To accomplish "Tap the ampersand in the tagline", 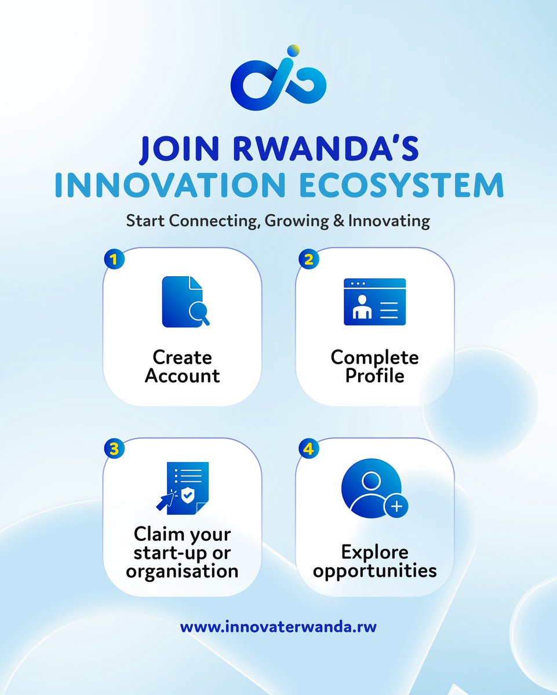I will (x=338, y=221).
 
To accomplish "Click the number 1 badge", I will (x=114, y=259).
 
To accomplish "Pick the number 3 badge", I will (x=114, y=448).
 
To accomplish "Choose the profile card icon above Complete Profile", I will (x=374, y=302).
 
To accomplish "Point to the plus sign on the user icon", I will (x=396, y=507).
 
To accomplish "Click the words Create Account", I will (x=183, y=367).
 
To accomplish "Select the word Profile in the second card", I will (x=374, y=376).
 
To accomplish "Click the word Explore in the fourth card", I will (x=374, y=552).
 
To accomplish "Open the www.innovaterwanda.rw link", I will (x=278, y=627).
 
